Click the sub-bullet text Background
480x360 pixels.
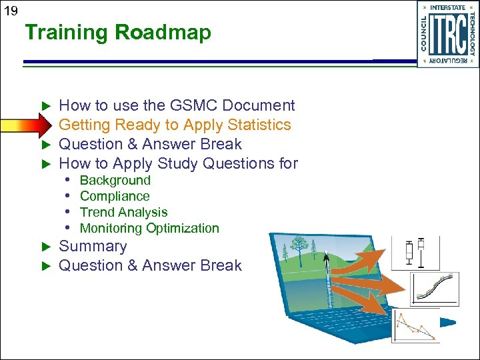115,180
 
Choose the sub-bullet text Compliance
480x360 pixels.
115,196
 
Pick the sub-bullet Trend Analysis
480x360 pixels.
123,212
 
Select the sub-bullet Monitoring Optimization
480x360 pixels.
149,228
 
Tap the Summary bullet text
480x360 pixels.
93,246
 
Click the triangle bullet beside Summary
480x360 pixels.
46,247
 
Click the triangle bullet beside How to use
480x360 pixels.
46,106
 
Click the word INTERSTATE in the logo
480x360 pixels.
447,7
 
